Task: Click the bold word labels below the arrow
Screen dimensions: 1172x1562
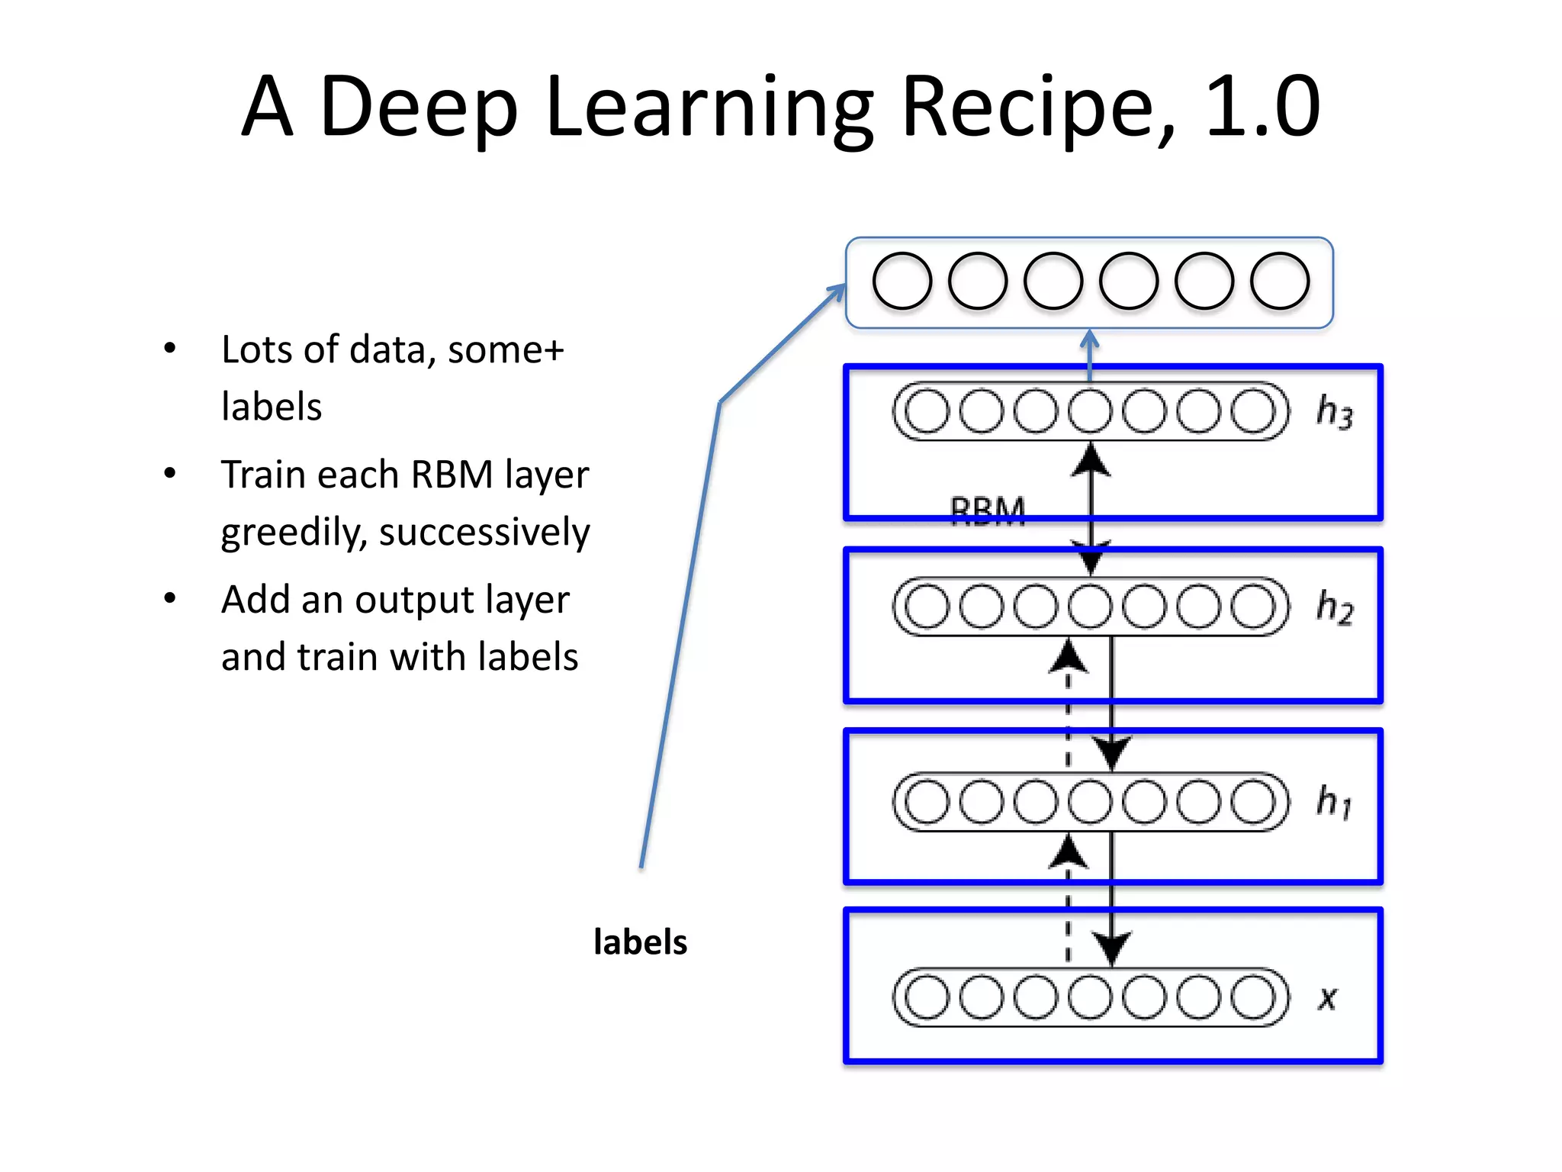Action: click(640, 942)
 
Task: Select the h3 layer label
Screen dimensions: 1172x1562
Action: click(1334, 412)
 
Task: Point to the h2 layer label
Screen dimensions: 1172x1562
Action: click(1334, 607)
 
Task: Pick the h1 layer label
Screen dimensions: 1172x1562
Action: click(1334, 801)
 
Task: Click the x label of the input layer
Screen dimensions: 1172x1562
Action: click(1328, 998)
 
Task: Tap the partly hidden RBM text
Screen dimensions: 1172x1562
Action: click(988, 509)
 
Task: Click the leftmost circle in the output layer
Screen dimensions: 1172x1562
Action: click(902, 281)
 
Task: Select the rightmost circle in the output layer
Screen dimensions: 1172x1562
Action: click(1280, 281)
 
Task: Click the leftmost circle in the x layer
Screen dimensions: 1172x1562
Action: click(927, 997)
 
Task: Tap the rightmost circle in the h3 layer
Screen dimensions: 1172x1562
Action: click(1253, 411)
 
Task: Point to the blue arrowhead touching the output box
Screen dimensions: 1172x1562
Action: click(837, 292)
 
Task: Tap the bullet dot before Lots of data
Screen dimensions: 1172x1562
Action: click(170, 349)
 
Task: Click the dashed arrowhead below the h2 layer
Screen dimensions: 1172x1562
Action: click(1068, 657)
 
